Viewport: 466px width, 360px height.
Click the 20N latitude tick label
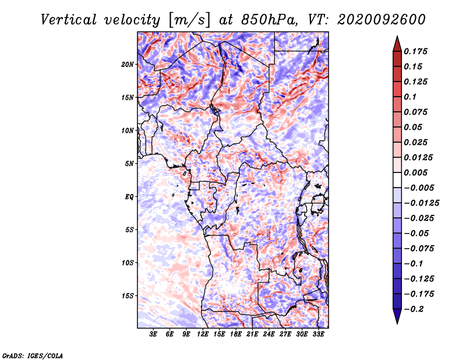pos(128,65)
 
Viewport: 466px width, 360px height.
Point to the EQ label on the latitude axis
pos(129,197)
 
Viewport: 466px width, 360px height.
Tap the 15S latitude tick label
pos(128,296)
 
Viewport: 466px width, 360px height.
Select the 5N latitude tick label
pos(129,164)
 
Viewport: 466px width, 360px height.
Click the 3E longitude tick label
pos(153,334)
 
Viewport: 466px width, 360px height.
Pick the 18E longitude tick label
pos(236,334)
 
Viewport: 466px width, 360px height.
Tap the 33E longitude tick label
pos(318,334)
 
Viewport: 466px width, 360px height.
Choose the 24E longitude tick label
pos(269,334)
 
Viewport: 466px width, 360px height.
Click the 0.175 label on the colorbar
pos(415,51)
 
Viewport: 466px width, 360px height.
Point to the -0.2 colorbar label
pos(414,309)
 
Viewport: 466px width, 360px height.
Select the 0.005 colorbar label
pos(415,172)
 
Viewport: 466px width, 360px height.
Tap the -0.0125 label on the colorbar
pos(421,203)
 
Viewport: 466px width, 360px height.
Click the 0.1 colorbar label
pos(410,97)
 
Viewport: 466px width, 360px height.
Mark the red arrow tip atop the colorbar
pos(397,36)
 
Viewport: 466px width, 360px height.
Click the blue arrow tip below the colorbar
pos(397,323)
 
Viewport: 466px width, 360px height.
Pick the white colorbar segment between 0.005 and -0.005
pos(397,180)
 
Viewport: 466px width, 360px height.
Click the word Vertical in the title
pos(69,20)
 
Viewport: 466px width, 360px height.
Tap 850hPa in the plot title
pos(269,20)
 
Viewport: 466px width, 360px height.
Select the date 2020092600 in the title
pos(381,20)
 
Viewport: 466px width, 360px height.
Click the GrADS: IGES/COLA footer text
pos(33,355)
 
